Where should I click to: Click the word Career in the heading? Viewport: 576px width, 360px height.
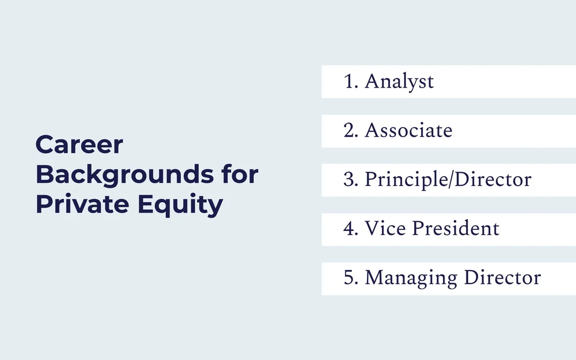(x=79, y=145)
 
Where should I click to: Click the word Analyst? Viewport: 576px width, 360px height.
(x=399, y=82)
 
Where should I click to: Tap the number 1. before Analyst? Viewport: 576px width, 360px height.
(x=351, y=82)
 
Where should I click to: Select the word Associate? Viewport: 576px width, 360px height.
(x=408, y=131)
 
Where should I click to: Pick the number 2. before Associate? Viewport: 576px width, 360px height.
(x=351, y=131)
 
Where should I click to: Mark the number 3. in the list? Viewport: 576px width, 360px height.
(x=351, y=180)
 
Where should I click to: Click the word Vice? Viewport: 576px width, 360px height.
(x=385, y=229)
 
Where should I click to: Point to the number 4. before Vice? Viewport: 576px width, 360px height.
(x=351, y=229)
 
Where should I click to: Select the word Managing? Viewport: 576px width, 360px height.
(x=411, y=278)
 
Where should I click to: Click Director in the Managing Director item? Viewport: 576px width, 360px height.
(x=502, y=278)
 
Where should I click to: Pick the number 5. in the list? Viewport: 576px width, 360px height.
(x=351, y=278)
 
